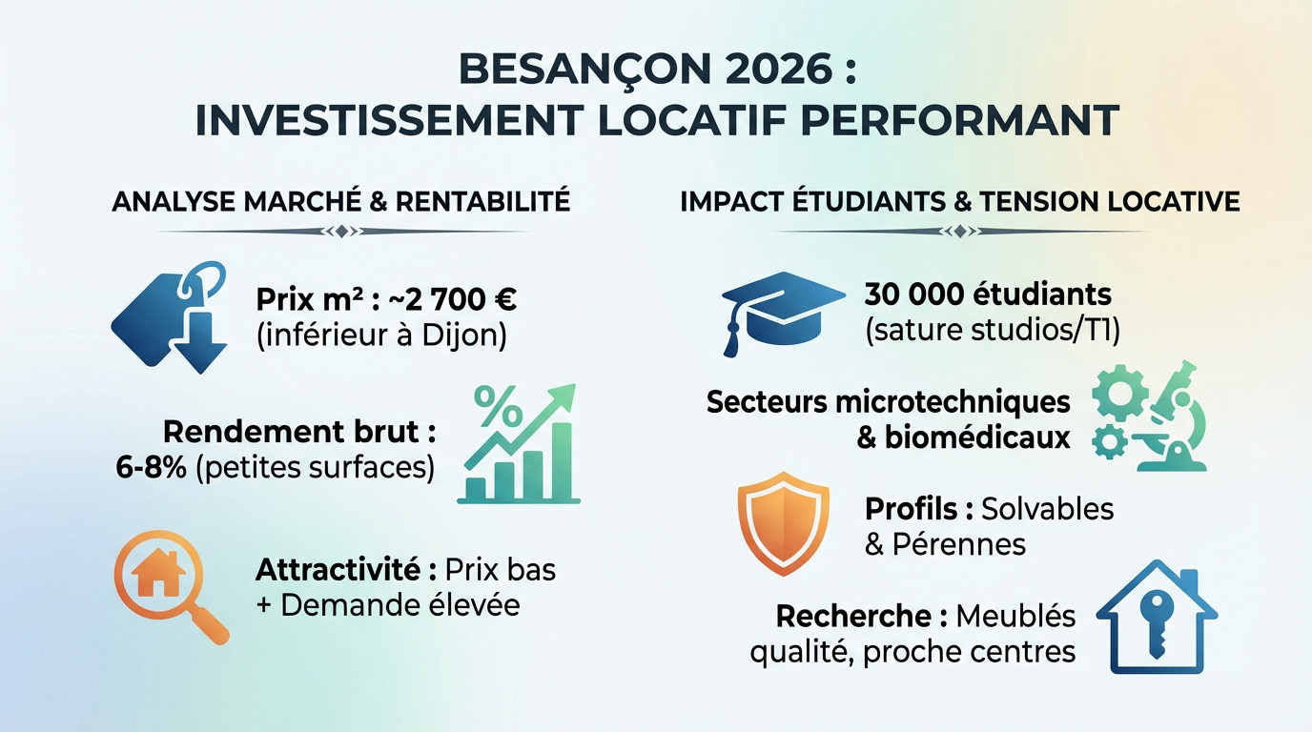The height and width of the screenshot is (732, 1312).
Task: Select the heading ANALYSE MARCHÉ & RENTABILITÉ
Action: [x=340, y=202]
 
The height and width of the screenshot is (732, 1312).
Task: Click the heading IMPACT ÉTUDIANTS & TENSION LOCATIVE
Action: [x=960, y=202]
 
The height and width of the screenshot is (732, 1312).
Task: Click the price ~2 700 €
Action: [x=448, y=301]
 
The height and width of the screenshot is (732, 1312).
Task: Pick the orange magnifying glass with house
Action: [x=170, y=586]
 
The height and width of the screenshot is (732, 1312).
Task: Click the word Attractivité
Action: [x=338, y=570]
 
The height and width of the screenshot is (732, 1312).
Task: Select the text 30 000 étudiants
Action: [x=988, y=294]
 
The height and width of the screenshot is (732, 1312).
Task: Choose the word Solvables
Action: [x=1047, y=509]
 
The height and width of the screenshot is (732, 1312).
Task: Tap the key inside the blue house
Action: [x=1157, y=622]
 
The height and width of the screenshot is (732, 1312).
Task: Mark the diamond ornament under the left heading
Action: [x=342, y=232]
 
